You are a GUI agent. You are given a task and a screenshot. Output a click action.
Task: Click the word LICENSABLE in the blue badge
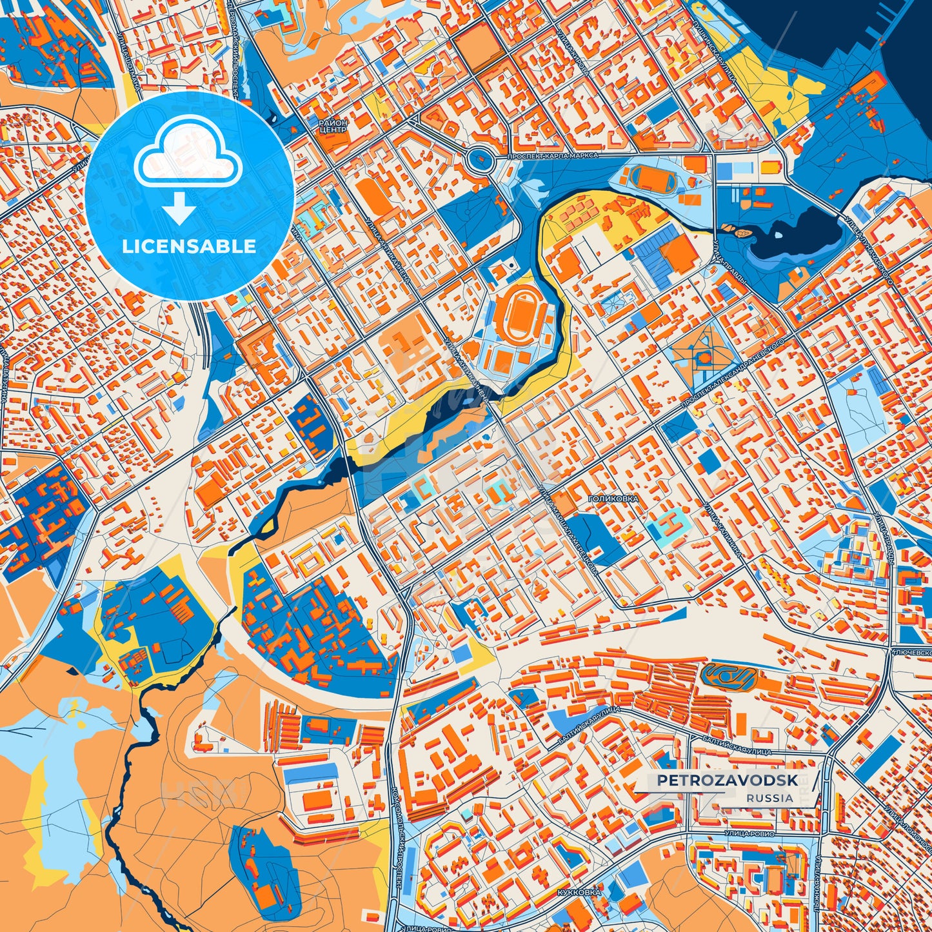click(190, 246)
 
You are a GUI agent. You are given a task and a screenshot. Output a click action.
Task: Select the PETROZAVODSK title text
click(728, 780)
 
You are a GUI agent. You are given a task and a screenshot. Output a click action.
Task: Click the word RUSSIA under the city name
click(770, 798)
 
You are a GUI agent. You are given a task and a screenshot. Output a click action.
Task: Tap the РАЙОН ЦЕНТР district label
click(333, 126)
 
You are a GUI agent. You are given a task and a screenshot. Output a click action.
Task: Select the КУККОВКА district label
click(578, 892)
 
